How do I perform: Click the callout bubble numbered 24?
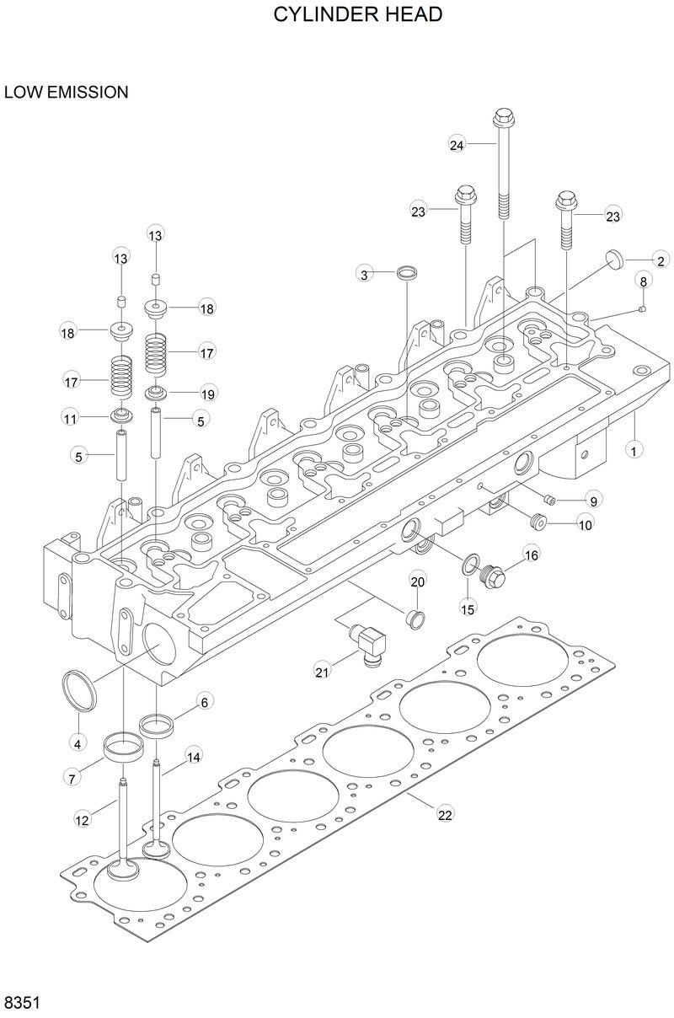[x=457, y=145]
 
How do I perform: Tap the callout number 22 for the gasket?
[x=445, y=814]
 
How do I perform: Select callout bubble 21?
[x=321, y=671]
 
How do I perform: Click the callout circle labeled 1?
[x=631, y=450]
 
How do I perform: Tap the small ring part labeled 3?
[x=407, y=273]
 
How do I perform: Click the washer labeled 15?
[x=469, y=562]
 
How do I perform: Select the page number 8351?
[x=24, y=1003]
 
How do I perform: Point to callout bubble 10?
[x=585, y=524]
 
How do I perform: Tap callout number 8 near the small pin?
[x=644, y=281]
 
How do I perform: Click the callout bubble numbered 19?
[x=207, y=394]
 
